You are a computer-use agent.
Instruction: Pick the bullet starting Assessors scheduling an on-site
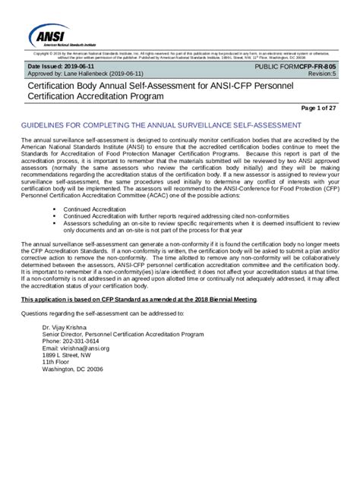(x=199, y=222)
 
